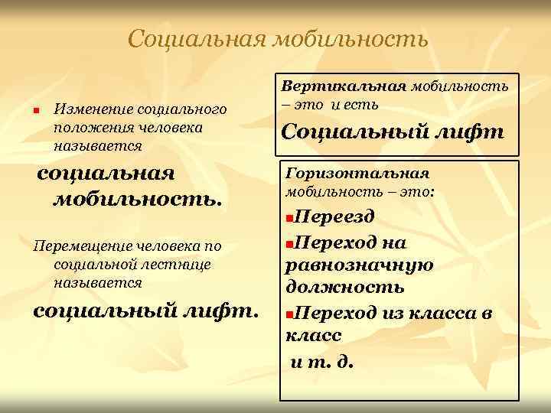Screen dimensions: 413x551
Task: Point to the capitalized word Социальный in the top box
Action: (x=348, y=132)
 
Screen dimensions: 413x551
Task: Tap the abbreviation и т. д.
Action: (x=323, y=360)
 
